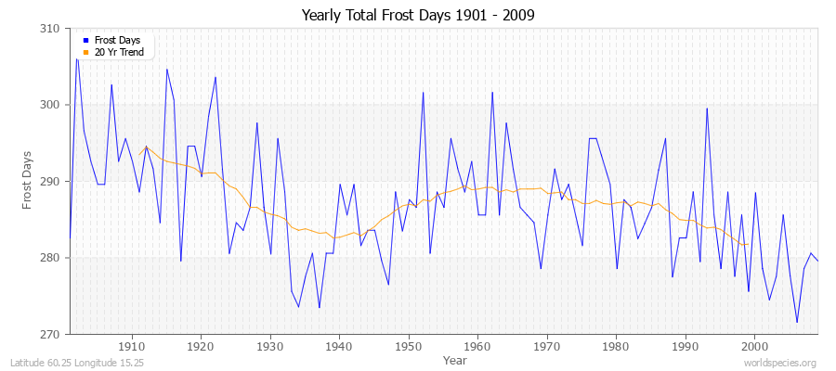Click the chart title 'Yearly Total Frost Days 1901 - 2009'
(418, 16)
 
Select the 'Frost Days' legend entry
(116, 41)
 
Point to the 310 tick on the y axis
(51, 29)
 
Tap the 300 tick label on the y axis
(51, 105)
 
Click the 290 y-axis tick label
(51, 182)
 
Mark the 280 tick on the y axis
(51, 258)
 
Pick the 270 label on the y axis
(51, 334)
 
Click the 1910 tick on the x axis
(132, 346)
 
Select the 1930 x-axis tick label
(270, 346)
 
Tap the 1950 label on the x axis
(409, 346)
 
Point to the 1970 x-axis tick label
(547, 346)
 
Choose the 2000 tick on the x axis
(754, 346)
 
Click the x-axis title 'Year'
(455, 360)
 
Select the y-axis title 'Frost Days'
(27, 182)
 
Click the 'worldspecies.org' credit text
(782, 364)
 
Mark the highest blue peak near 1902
(77, 58)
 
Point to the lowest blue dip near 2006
(796, 323)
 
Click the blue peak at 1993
(707, 109)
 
